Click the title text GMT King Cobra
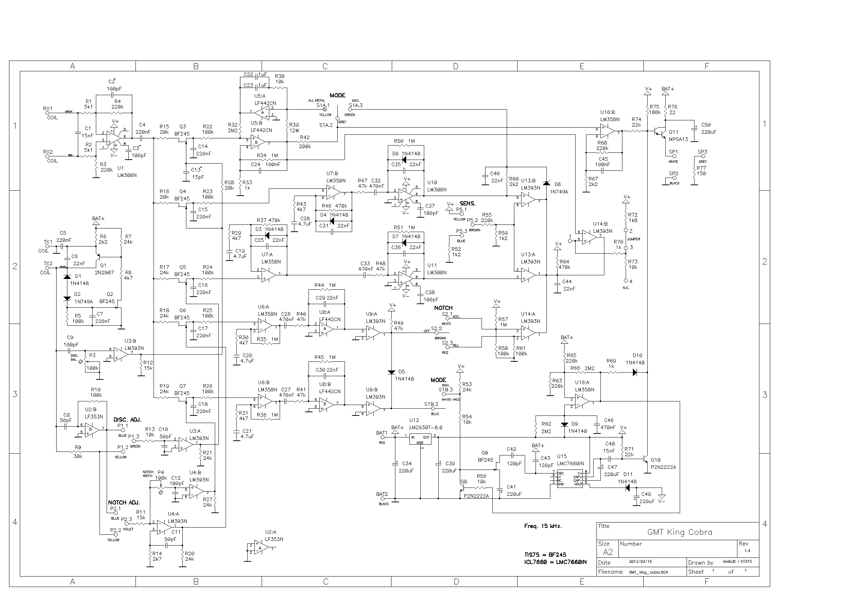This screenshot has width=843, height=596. pyautogui.click(x=680, y=532)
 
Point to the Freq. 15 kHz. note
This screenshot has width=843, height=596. pyautogui.click(x=543, y=526)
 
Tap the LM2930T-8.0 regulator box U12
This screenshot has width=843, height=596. pyautogui.click(x=420, y=439)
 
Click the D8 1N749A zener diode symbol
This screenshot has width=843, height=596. pyautogui.click(x=546, y=183)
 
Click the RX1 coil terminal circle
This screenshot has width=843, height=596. pyautogui.click(x=48, y=114)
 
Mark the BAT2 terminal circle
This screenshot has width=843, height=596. pyautogui.click(x=382, y=499)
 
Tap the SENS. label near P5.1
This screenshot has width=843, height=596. pyautogui.click(x=467, y=203)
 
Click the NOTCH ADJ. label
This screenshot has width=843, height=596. pyautogui.click(x=124, y=502)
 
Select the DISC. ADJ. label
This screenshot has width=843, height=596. pyautogui.click(x=127, y=419)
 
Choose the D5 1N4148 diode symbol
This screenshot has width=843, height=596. pyautogui.click(x=391, y=372)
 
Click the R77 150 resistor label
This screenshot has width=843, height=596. pyautogui.click(x=701, y=171)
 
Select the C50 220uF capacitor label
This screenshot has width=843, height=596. pyautogui.click(x=708, y=128)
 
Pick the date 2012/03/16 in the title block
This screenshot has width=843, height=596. pyautogui.click(x=640, y=561)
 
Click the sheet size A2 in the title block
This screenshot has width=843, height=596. pyautogui.click(x=608, y=552)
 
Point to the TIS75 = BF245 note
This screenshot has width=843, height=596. pyautogui.click(x=545, y=555)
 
